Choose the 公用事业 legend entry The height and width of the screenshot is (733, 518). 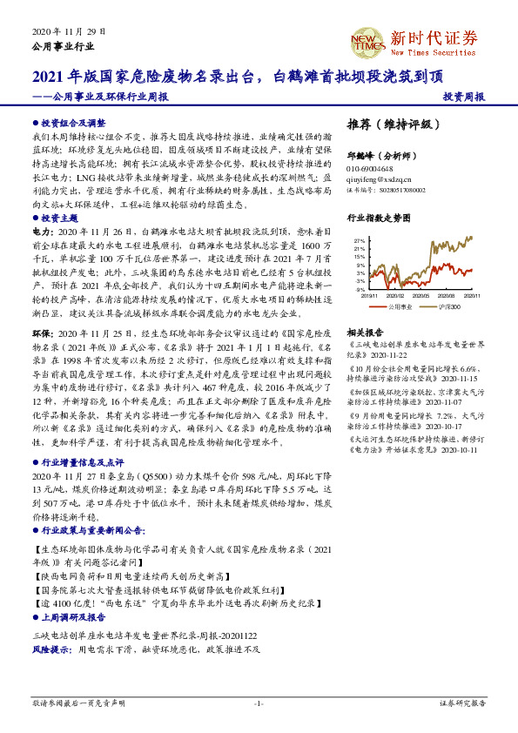[398, 306]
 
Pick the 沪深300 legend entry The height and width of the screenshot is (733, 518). [448, 306]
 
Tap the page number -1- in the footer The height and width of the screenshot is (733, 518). [259, 703]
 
